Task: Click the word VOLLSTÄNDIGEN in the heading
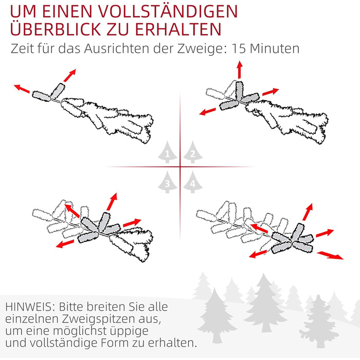coord(168,11)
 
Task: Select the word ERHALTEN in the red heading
coord(178,29)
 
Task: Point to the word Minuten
coord(275,48)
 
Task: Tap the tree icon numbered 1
coord(167,152)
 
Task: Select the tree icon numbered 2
coord(193,152)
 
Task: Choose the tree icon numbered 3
coord(167,182)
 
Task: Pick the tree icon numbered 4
coord(193,182)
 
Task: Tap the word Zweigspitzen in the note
coord(100,319)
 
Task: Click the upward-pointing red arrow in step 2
coord(240,70)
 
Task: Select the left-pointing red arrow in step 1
coord(22,89)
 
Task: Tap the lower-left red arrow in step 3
coord(65,244)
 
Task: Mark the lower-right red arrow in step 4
coord(330,255)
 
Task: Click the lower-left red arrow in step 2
coord(208,112)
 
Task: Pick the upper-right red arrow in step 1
coord(70,75)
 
